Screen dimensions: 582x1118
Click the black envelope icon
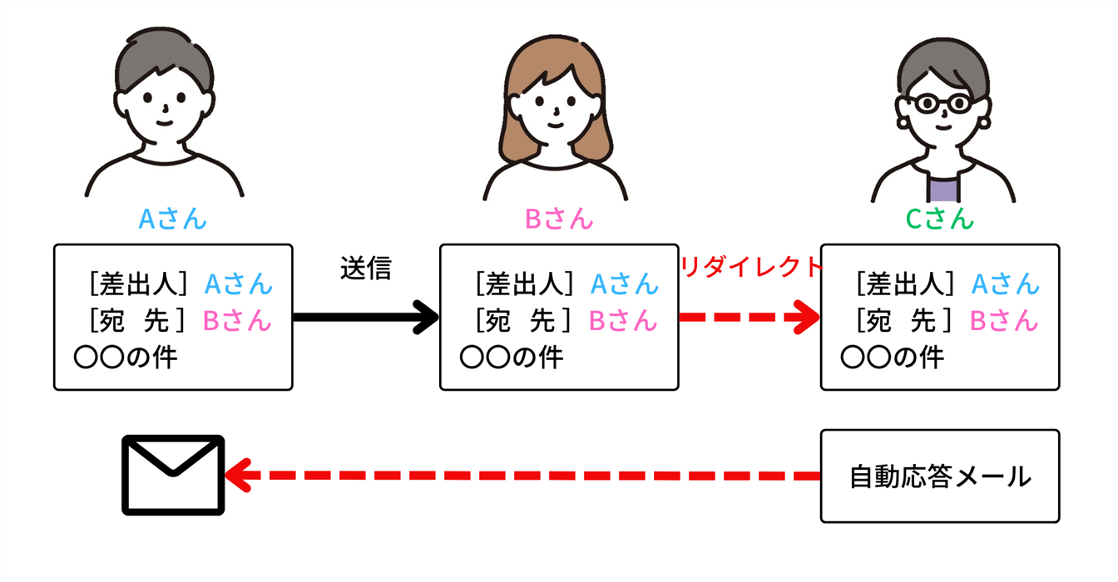173,475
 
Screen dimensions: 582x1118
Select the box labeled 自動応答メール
939,476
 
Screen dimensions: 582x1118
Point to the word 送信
365,268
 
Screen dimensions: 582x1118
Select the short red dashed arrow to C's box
749,317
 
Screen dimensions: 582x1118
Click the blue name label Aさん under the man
172,219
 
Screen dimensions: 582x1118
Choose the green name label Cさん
939,219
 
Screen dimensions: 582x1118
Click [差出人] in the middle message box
525,284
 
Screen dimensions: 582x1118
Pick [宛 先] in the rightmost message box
906,320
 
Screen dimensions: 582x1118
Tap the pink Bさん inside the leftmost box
237,320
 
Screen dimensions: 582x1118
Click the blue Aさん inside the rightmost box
1006,284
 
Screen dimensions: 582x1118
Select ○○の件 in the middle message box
511,358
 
